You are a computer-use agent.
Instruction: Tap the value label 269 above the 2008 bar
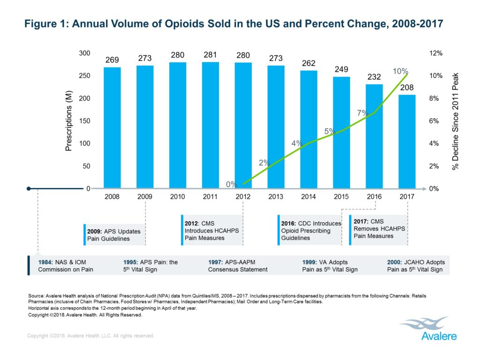112,60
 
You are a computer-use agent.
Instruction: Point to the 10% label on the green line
400,71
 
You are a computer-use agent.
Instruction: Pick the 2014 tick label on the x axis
308,197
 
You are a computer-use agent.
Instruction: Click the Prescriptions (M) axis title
69,121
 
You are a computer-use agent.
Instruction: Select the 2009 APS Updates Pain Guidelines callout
113,235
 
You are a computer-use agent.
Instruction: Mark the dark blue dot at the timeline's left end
29,188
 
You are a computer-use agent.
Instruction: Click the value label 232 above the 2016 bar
374,77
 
